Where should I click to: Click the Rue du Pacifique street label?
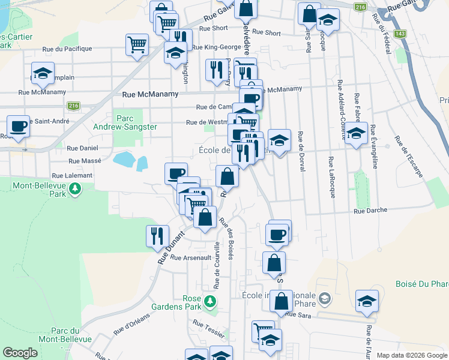(x=67, y=49)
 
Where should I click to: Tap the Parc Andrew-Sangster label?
(x=125, y=122)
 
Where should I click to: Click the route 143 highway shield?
(x=400, y=34)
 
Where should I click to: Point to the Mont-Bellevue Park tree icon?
(x=75, y=190)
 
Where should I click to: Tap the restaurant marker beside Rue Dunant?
(x=157, y=235)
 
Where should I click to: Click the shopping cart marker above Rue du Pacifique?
(x=137, y=44)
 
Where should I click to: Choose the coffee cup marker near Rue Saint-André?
(x=19, y=126)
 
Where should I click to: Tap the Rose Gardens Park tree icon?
(x=210, y=300)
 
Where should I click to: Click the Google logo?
(x=20, y=353)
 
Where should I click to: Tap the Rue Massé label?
(x=85, y=161)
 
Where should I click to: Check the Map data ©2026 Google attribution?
(x=411, y=355)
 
